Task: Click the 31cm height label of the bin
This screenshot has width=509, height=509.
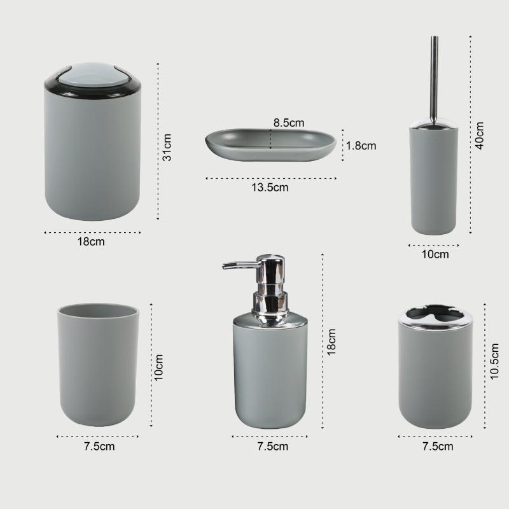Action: click(x=167, y=147)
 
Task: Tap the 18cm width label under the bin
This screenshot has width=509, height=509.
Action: click(x=91, y=242)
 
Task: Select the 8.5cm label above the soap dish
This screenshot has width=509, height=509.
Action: click(x=289, y=123)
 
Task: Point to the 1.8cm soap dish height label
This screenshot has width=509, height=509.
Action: click(x=361, y=146)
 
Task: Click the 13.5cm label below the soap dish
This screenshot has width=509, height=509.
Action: click(x=270, y=187)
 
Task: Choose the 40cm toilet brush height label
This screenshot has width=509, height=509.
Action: click(x=480, y=136)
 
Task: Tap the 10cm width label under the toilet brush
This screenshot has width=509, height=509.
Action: click(x=435, y=254)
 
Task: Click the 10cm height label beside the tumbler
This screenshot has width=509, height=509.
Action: click(x=158, y=368)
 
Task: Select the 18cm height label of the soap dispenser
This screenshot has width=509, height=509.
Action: click(x=331, y=342)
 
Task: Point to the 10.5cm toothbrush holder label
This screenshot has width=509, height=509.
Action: click(x=494, y=361)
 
